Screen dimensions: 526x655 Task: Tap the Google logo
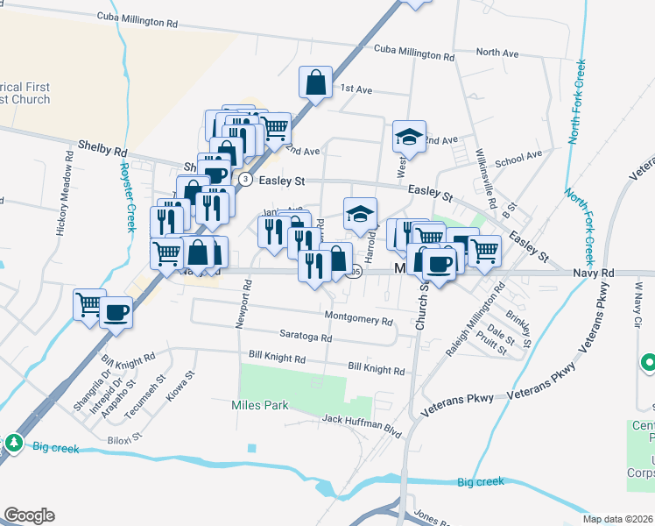tap(29, 515)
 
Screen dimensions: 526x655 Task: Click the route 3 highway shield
tap(246, 179)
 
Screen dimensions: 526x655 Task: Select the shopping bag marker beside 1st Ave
tap(315, 83)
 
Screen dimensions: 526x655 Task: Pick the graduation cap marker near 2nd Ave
tap(409, 136)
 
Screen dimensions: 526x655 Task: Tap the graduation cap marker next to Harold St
tap(359, 213)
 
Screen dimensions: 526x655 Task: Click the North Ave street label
tap(497, 53)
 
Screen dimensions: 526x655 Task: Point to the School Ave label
tap(518, 159)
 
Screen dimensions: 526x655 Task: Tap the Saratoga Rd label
tap(306, 338)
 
